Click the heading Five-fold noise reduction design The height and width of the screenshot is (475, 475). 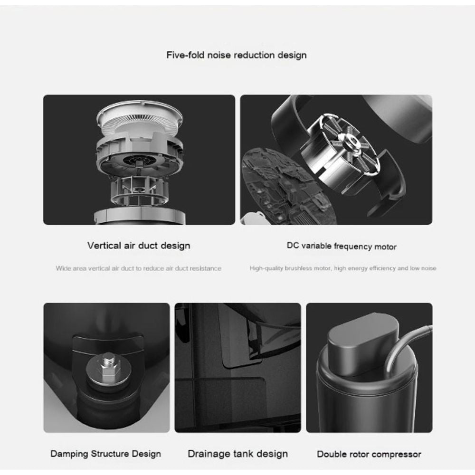(x=236, y=55)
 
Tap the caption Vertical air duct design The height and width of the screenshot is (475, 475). (x=139, y=246)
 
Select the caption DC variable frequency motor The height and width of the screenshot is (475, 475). (x=341, y=246)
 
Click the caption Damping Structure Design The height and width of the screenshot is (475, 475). (x=105, y=454)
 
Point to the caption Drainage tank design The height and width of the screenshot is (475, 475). (x=237, y=454)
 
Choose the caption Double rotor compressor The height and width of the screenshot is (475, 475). (x=369, y=454)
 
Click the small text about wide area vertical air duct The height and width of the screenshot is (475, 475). (x=138, y=268)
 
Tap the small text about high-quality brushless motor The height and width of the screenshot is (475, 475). (x=342, y=268)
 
